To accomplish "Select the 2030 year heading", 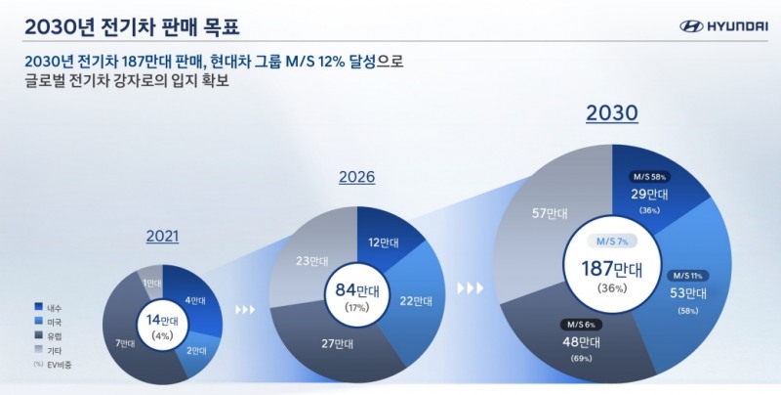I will click(x=612, y=113).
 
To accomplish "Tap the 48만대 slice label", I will click(x=579, y=341).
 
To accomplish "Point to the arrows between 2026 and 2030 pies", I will click(x=472, y=288).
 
